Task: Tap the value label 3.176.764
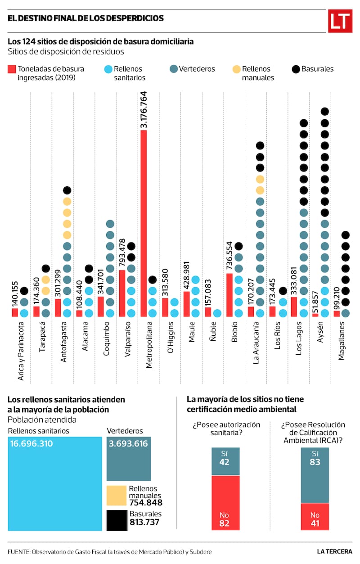[x=144, y=110]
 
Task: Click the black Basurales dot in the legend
[x=296, y=69]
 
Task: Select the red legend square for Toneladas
[x=12, y=69]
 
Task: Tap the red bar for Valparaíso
[x=122, y=293]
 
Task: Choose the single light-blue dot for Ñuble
[x=217, y=313]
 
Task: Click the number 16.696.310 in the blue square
[x=31, y=444]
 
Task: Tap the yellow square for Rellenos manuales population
[x=116, y=495]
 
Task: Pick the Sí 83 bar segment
[x=315, y=475]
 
